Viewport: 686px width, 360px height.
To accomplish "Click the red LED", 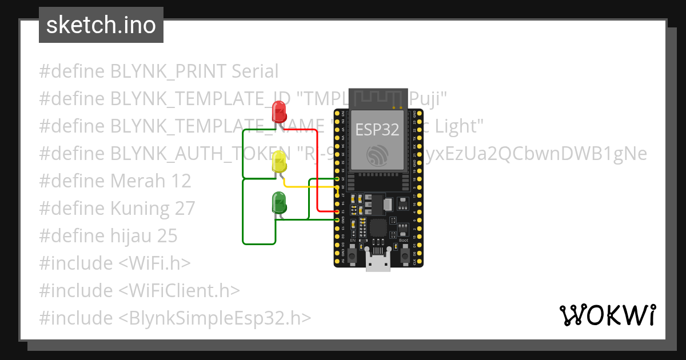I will coord(279,111).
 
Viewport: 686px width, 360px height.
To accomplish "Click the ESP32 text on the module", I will coord(377,130).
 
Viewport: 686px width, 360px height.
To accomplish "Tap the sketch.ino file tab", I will coord(101,25).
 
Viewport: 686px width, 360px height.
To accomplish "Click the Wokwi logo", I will coord(607,315).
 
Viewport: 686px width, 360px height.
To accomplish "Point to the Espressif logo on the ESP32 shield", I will coord(378,155).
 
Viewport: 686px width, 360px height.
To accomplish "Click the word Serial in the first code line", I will coord(255,71).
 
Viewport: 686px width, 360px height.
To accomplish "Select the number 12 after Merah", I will coord(181,181).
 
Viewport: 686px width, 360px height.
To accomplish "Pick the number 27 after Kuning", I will coord(185,209).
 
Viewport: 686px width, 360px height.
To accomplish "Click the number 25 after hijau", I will coord(167,236).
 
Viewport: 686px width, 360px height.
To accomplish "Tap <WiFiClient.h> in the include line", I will coord(179,290).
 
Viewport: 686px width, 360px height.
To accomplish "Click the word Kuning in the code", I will coord(140,209).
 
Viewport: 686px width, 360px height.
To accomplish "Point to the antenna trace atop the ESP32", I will coord(378,98).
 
